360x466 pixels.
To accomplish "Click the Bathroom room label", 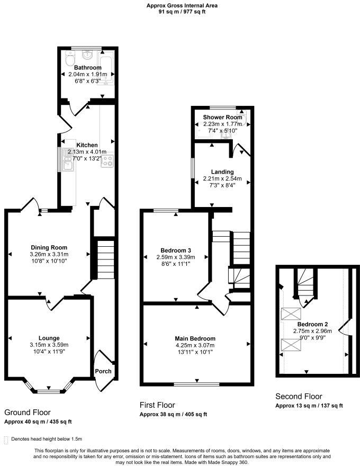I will point(87,68).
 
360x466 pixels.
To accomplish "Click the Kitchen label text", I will point(87,145).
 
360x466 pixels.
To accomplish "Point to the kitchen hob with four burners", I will point(107,160).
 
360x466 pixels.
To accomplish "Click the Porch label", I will point(103,371).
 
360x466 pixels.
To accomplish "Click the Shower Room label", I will point(222,117).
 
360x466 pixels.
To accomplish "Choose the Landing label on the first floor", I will point(222,172).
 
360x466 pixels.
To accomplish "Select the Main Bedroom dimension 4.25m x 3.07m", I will point(195,345).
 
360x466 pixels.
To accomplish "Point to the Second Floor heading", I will point(299,396).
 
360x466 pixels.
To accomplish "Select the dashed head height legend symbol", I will point(6,439).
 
